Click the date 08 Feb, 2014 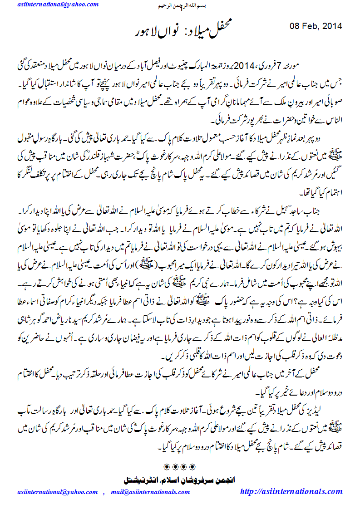[x=315, y=26]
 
